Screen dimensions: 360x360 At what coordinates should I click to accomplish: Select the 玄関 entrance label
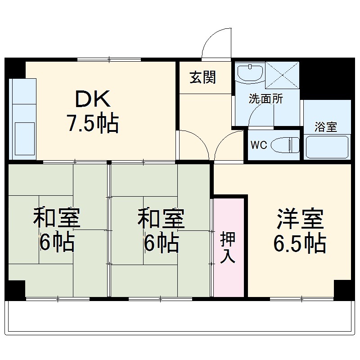202,77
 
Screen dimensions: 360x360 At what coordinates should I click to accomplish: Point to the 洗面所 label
266,99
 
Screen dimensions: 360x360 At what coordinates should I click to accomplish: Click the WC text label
259,145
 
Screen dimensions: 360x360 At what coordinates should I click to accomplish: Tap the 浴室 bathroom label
326,127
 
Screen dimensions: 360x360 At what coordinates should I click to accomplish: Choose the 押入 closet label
228,248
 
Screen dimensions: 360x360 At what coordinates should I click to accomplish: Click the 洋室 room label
300,220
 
